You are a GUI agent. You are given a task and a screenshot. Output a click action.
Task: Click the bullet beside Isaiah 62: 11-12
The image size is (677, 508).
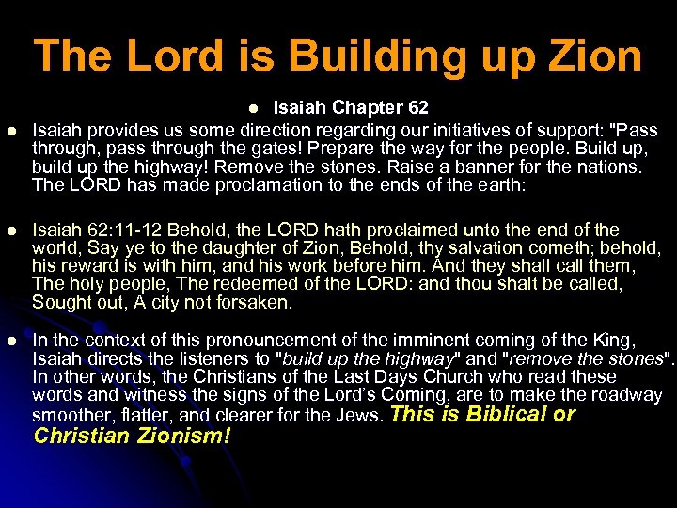point(12,230)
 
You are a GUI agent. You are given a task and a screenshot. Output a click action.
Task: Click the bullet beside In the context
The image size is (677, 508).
point(12,340)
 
